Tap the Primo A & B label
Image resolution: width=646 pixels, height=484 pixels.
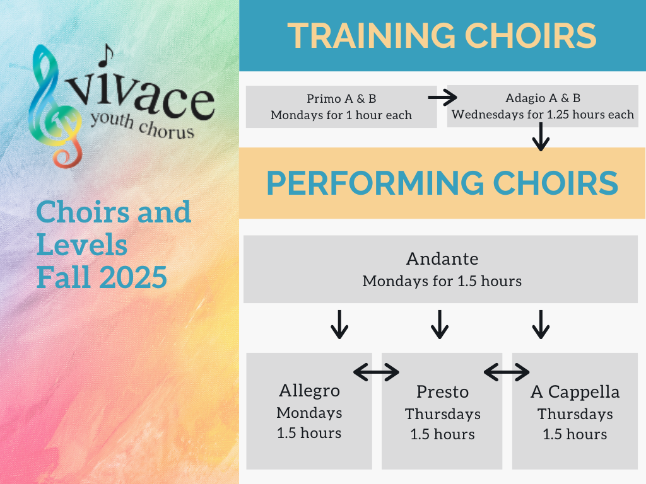click(341, 99)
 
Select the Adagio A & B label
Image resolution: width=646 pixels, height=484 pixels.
click(543, 98)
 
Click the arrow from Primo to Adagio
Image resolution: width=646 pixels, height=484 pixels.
click(442, 98)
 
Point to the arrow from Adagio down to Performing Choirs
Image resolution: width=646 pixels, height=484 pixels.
click(541, 137)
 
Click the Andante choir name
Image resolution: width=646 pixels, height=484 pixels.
click(442, 259)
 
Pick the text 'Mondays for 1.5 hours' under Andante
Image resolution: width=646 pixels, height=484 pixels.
click(442, 281)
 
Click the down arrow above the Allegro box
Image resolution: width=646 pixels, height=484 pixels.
click(339, 325)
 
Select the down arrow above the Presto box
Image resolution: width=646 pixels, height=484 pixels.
click(440, 325)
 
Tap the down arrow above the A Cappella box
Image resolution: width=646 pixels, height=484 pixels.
click(541, 325)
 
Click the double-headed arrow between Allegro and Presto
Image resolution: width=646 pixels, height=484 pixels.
click(376, 372)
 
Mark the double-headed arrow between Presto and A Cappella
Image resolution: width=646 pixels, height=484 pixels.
click(507, 372)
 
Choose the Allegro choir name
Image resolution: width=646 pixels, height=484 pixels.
click(309, 391)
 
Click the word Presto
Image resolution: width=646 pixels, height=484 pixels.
click(442, 392)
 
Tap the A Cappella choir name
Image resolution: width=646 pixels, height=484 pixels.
click(575, 392)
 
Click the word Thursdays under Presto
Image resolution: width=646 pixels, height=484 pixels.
click(443, 414)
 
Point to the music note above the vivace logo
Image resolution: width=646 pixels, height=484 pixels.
click(106, 55)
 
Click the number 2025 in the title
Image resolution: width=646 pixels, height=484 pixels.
click(133, 277)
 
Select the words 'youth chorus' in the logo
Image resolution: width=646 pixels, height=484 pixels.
click(142, 125)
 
